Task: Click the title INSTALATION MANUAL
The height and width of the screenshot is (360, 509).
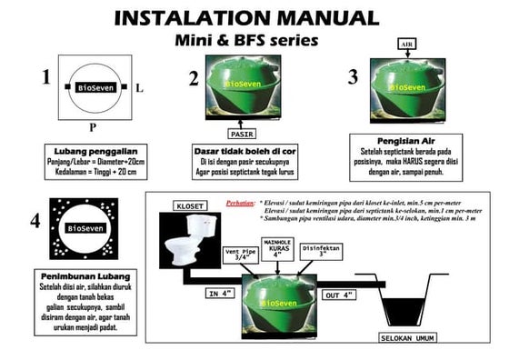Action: pos(246,18)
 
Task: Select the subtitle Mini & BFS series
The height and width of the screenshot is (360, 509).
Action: pos(246,40)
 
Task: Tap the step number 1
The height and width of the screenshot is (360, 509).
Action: pos(45,77)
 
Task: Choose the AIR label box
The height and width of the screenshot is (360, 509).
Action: pos(407,44)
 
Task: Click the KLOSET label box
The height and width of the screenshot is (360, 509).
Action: pos(189,206)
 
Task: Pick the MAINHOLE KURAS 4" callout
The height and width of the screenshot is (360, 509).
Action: pos(277,247)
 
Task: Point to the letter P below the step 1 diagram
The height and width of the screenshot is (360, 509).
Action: pos(92,125)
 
